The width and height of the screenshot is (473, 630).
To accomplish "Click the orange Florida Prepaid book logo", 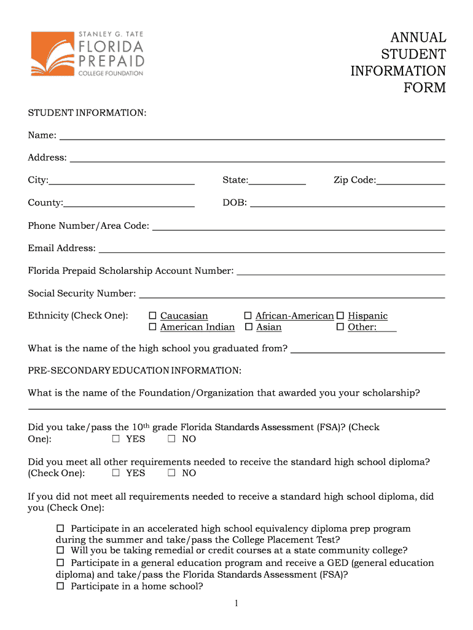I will [x=52, y=54].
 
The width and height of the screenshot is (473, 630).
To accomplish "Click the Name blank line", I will [x=251, y=137].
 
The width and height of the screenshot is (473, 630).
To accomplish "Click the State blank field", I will [x=277, y=181].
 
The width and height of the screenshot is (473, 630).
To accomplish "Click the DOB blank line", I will [x=347, y=204].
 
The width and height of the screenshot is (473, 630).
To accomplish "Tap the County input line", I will [x=129, y=204].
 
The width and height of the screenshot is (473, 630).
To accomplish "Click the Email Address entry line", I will [x=272, y=249].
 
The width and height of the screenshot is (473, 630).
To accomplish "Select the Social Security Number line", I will [x=292, y=295].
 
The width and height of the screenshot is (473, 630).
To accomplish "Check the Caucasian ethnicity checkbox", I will [x=153, y=316].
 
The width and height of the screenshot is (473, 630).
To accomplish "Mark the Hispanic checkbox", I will [x=340, y=316].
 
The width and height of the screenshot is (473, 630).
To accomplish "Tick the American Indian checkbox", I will [x=153, y=327].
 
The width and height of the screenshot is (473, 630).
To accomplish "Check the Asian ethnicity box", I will [x=249, y=327].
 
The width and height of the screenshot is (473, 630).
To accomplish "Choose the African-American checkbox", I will [x=249, y=316].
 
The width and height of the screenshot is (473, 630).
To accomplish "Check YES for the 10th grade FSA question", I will [x=116, y=439].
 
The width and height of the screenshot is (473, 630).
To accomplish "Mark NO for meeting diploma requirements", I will [x=172, y=473].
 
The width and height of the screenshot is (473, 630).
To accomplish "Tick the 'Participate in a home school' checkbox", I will [x=60, y=586].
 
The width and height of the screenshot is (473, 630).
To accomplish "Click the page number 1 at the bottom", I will [x=236, y=604].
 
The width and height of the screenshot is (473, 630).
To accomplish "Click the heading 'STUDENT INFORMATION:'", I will [x=87, y=113].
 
